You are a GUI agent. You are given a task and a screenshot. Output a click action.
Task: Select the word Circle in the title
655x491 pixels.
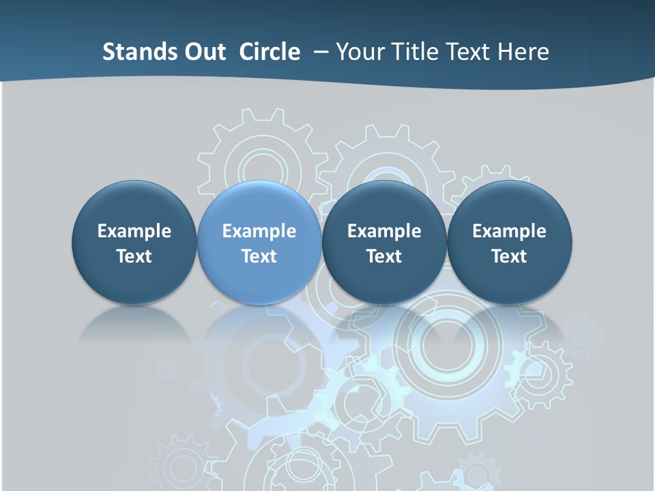coord(270,52)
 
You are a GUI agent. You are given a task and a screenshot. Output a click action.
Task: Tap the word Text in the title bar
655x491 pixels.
coord(470,52)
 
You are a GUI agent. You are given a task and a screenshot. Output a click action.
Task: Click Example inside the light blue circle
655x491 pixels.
coord(259,231)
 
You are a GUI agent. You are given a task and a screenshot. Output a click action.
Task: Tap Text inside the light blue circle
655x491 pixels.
coord(259,256)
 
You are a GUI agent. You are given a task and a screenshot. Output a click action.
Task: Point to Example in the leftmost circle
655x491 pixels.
coord(134,231)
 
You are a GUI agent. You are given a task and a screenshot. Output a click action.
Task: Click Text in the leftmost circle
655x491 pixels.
coord(134,256)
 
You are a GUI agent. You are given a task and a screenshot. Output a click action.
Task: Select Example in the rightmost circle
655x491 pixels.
coord(509,231)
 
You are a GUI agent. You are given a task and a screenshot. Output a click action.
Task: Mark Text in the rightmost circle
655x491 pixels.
coord(509,256)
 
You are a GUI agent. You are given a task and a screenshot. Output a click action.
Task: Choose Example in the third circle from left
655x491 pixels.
coord(384,231)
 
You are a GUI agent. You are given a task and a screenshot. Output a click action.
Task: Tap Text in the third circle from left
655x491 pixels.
coord(384,256)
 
